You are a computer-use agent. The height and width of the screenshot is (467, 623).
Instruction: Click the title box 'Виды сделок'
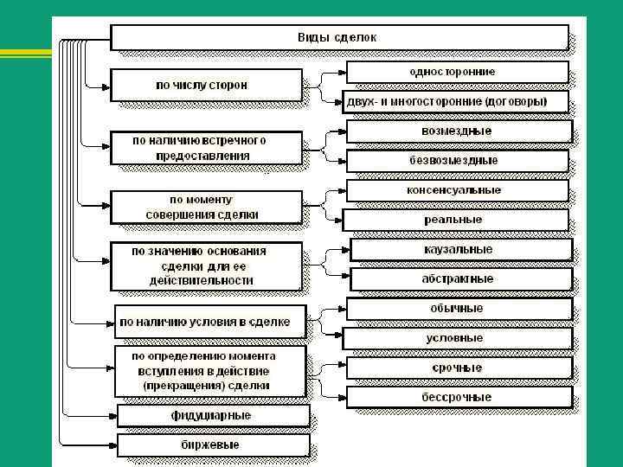click(x=338, y=38)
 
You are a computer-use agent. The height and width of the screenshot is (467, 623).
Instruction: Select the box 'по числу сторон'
click(x=206, y=85)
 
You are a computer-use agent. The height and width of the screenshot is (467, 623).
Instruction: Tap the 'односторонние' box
click(x=458, y=72)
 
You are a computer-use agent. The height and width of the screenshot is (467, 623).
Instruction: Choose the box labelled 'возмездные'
click(x=458, y=131)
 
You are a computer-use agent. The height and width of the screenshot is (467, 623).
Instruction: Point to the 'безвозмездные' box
click(x=458, y=161)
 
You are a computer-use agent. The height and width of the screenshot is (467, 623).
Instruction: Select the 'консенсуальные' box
click(x=458, y=190)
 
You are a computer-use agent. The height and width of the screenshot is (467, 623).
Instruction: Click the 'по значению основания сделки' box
click(x=206, y=266)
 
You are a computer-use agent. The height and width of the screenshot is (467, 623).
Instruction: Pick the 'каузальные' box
click(x=459, y=250)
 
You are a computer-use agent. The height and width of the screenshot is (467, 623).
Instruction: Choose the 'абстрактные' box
click(x=459, y=279)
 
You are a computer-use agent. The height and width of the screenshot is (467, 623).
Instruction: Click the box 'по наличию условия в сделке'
click(x=209, y=322)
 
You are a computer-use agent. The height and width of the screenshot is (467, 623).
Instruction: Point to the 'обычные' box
click(x=458, y=309)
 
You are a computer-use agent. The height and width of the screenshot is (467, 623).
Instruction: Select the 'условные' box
click(x=458, y=338)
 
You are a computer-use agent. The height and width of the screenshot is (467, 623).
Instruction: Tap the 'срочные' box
click(x=458, y=368)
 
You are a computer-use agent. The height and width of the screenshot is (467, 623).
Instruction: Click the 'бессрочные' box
click(x=458, y=398)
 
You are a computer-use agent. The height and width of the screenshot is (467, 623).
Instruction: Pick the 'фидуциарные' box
click(x=212, y=416)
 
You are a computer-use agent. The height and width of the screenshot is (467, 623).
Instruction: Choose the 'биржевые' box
click(x=212, y=445)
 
